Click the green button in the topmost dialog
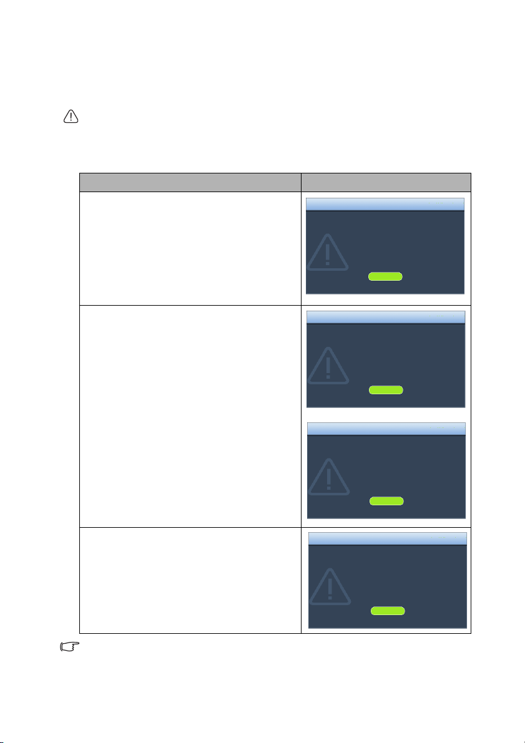tap(385, 276)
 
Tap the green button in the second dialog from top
tap(386, 390)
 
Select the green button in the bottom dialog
tap(387, 611)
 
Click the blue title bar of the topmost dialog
tap(385, 205)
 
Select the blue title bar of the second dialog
tap(386, 317)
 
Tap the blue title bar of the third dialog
tap(386, 429)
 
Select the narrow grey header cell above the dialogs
tap(385, 182)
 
